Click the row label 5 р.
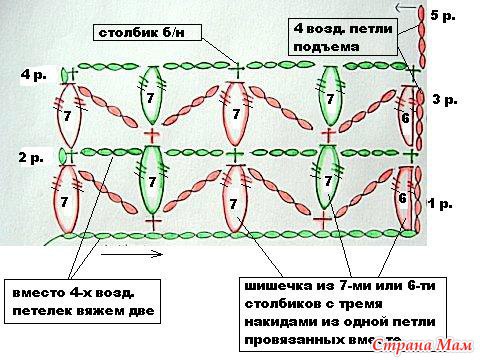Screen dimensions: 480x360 [442, 17]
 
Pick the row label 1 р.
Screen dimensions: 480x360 [441, 204]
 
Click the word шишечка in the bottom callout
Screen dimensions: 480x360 [272, 284]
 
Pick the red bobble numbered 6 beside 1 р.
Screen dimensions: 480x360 [404, 198]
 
